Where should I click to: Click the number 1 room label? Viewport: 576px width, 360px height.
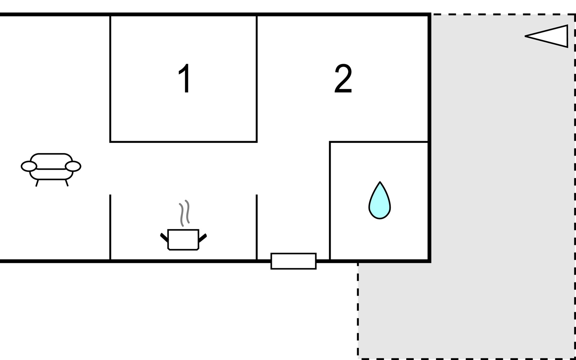(184, 79)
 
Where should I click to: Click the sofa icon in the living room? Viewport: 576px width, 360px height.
(51, 168)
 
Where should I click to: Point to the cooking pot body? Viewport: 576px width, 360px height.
(183, 239)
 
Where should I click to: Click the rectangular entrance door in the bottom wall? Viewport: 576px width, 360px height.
(293, 261)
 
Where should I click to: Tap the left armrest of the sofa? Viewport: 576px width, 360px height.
(29, 166)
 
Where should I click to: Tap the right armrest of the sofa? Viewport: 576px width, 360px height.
(73, 166)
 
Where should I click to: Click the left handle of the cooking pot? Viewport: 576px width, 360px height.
(164, 237)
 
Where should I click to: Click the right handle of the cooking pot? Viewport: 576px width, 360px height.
(202, 238)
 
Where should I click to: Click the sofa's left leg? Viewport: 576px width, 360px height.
(37, 183)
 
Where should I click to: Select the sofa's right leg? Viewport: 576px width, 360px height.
(67, 183)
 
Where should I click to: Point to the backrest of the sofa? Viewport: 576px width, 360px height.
(51, 159)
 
